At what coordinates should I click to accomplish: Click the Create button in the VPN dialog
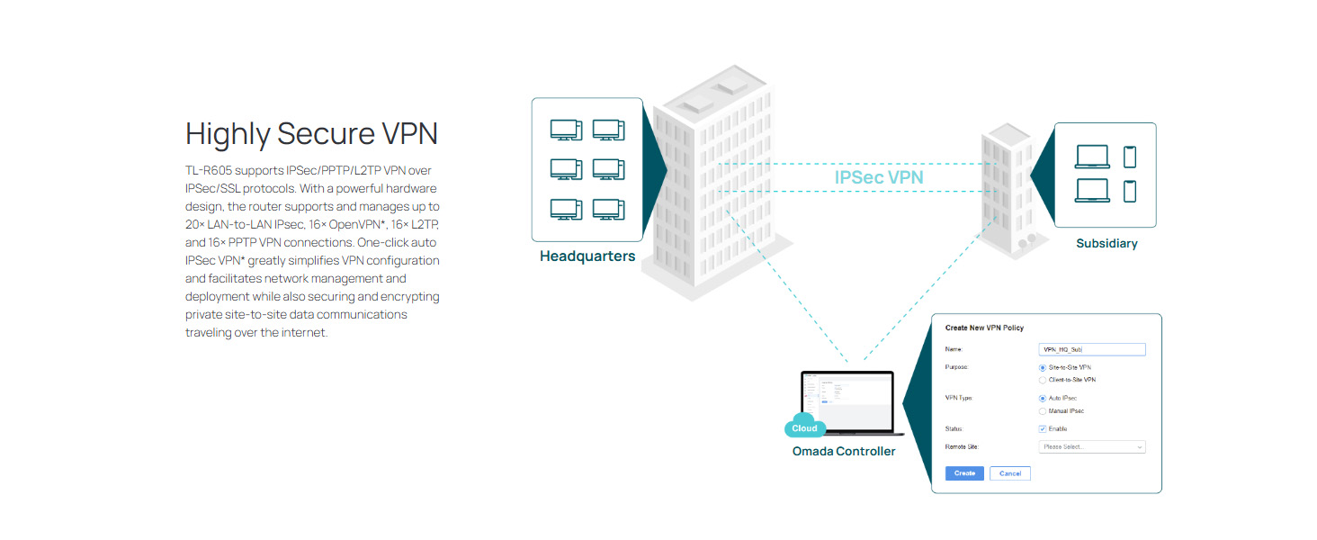[964, 473]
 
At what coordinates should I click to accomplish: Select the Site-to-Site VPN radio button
[1042, 367]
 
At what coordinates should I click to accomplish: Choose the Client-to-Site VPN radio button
[1042, 380]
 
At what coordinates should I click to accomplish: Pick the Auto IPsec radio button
[1042, 398]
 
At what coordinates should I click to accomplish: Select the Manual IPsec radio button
[1042, 411]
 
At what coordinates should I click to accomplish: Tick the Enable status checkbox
[1042, 429]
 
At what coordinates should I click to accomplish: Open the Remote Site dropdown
[1091, 446]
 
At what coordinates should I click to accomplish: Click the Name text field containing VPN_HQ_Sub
[1091, 349]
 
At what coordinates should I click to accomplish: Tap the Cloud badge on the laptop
[804, 428]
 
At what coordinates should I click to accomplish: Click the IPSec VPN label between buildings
[878, 177]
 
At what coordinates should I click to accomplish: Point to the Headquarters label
[587, 256]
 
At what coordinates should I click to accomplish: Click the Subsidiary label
[1106, 244]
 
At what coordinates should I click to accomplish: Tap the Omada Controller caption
[844, 451]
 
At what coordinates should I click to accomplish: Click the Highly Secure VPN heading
[311, 134]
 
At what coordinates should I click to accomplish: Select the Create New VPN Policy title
[984, 328]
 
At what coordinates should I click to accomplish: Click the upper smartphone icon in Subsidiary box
[1130, 157]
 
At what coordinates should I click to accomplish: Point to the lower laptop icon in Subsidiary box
[1092, 191]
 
